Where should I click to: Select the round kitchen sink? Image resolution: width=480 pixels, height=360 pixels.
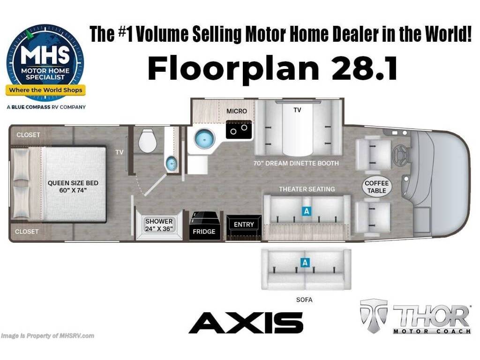point(203,139)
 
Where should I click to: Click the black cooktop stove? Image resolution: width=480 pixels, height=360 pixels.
point(239,129)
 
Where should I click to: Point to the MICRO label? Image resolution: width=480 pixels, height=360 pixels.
point(237,111)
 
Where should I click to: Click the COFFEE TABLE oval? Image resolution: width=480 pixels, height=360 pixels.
point(376,187)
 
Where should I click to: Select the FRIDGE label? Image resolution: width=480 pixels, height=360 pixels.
point(204,231)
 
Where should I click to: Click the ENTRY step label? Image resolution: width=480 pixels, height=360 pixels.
point(244,225)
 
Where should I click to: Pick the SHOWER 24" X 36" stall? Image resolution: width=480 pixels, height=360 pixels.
point(159,225)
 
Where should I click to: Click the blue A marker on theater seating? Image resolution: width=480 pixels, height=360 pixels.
point(307,211)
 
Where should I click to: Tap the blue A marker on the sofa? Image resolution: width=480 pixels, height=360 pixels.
point(305,263)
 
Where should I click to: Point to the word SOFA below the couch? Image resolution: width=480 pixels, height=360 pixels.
point(305,300)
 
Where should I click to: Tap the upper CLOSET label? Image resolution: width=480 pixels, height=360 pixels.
point(28,135)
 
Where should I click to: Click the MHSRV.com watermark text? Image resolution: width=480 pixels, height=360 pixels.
point(48,336)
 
